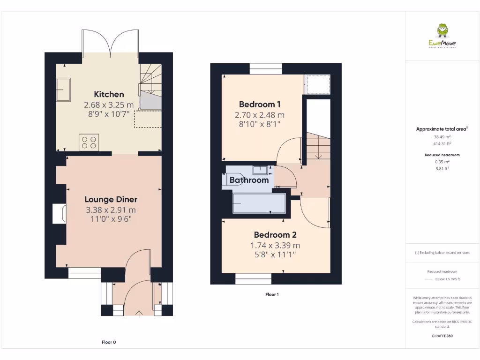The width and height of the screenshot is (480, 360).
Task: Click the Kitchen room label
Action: [x=109, y=94]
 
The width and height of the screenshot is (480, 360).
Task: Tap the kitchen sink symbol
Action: [x=63, y=90]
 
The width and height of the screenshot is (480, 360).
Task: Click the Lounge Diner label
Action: [x=111, y=200]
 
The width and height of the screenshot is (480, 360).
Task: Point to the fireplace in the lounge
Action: [x=60, y=214]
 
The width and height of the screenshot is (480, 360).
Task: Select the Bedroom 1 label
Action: [x=260, y=104]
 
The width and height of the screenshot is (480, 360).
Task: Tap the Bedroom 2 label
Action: [x=275, y=234]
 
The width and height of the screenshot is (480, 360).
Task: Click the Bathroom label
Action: [x=249, y=180]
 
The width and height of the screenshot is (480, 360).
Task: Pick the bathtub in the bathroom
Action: [x=259, y=203]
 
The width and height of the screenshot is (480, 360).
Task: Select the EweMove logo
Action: [x=442, y=36]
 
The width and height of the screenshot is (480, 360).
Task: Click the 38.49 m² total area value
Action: [x=442, y=137]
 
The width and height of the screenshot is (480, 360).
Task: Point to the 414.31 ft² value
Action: [x=442, y=144]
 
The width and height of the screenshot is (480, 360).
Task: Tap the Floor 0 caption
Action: [x=109, y=342]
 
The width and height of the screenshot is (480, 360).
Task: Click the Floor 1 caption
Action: [x=272, y=294]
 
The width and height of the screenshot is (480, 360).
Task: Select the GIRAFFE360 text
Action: [x=442, y=336]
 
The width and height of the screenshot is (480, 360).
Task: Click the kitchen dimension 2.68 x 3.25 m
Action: [x=109, y=105]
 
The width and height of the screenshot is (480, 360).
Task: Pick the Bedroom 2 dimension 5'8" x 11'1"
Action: [x=275, y=255]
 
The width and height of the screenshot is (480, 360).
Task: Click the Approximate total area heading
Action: [x=442, y=129]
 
